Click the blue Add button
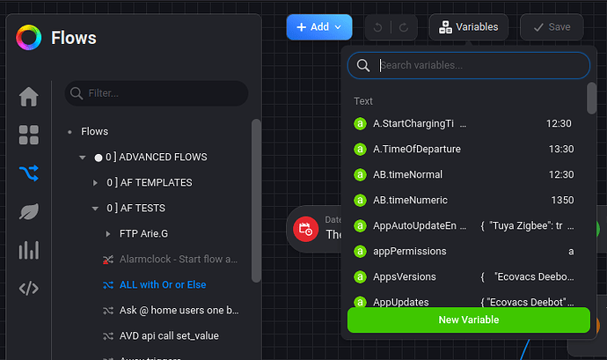[318, 27]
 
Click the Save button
[551, 27]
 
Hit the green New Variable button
[468, 320]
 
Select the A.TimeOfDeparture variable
[416, 149]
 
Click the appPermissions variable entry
[409, 251]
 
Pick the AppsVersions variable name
[404, 276]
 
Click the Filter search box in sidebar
[157, 92]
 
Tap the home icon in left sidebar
[29, 96]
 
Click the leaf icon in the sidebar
[29, 212]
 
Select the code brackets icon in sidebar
[29, 289]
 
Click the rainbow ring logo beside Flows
[28, 38]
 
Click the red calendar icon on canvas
[305, 229]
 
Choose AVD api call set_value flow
[169, 335]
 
